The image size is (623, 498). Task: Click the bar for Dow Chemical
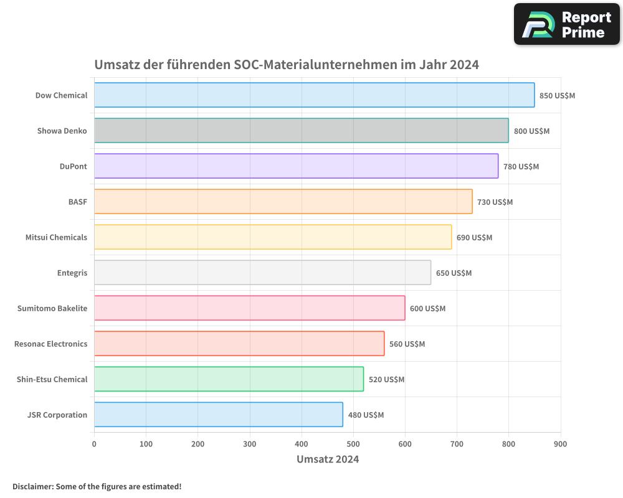pyautogui.click(x=314, y=95)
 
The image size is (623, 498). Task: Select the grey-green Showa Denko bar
pyautogui.click(x=301, y=131)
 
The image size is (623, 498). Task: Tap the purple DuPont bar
pyautogui.click(x=296, y=166)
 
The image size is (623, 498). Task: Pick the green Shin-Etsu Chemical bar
pyautogui.click(x=229, y=379)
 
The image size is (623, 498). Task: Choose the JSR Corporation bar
pyautogui.click(x=218, y=415)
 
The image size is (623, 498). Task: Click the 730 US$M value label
pyautogui.click(x=495, y=202)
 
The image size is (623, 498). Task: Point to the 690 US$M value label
pyautogui.click(x=474, y=237)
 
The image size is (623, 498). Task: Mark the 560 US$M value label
pyautogui.click(x=407, y=344)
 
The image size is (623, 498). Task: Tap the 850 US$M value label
pyautogui.click(x=557, y=95)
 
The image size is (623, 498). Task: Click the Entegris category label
pyautogui.click(x=72, y=273)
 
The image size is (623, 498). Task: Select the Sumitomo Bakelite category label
pyautogui.click(x=52, y=308)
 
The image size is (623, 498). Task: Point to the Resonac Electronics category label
pyautogui.click(x=50, y=344)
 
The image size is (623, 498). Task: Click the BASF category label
pyautogui.click(x=77, y=202)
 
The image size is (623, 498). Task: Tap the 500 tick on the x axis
pyautogui.click(x=353, y=444)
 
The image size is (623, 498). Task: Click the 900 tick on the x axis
pyautogui.click(x=560, y=444)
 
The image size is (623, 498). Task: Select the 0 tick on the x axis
pyautogui.click(x=94, y=444)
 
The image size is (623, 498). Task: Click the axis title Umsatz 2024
pyautogui.click(x=328, y=459)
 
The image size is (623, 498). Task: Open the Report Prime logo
pyautogui.click(x=566, y=24)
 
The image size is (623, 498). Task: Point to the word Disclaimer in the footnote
pyautogui.click(x=32, y=486)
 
